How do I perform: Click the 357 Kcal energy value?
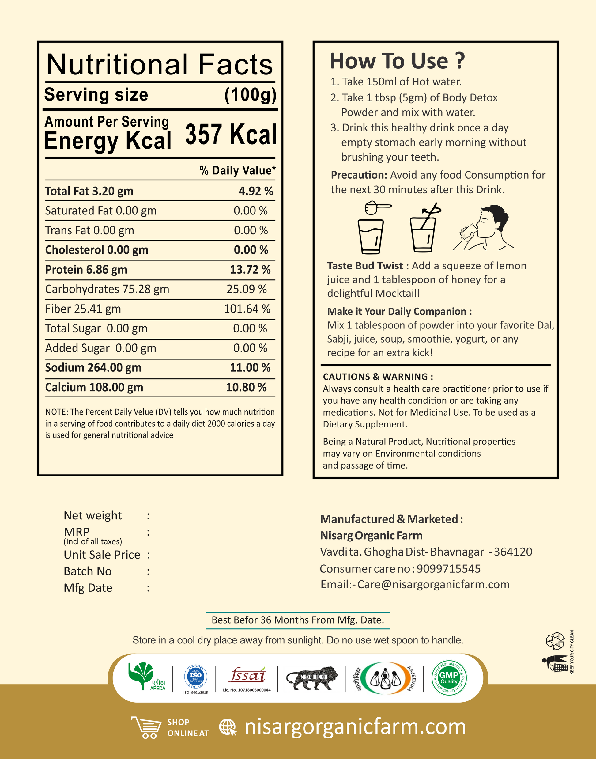[231, 135]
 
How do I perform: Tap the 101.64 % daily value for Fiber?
[247, 309]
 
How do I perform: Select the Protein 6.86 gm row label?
[86, 270]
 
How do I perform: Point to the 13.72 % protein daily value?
[250, 270]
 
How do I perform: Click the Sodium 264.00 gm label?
[93, 368]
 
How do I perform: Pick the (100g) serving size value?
[250, 95]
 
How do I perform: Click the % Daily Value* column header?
[237, 171]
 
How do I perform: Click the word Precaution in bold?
[359, 175]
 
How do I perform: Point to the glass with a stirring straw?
[424, 229]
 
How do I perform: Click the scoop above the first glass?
[376, 208]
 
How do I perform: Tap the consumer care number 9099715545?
[448, 569]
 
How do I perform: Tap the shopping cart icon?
[146, 727]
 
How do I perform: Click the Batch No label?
[88, 571]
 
